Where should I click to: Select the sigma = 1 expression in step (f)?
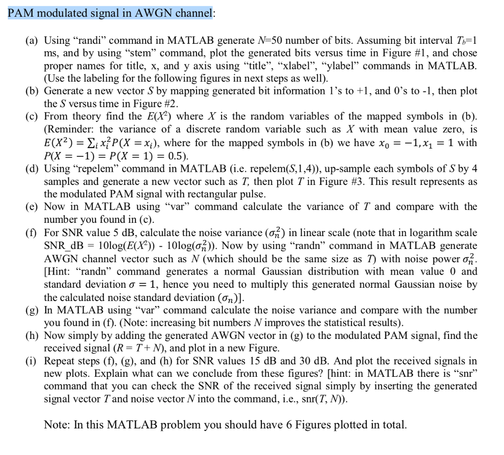[147, 284]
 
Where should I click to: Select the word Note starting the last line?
[56, 424]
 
